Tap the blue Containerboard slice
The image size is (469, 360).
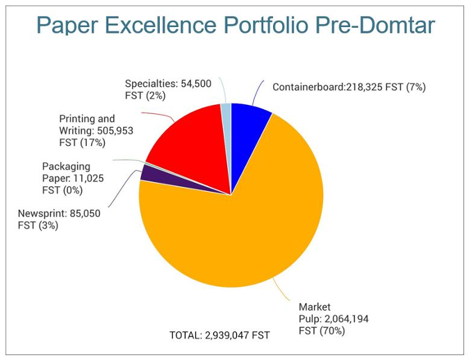247,125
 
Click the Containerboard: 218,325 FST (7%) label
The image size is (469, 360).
349,87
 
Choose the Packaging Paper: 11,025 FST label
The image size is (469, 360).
67,178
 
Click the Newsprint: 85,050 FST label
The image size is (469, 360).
59,220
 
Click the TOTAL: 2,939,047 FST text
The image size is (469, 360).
220,335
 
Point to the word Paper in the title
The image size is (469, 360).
64,25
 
